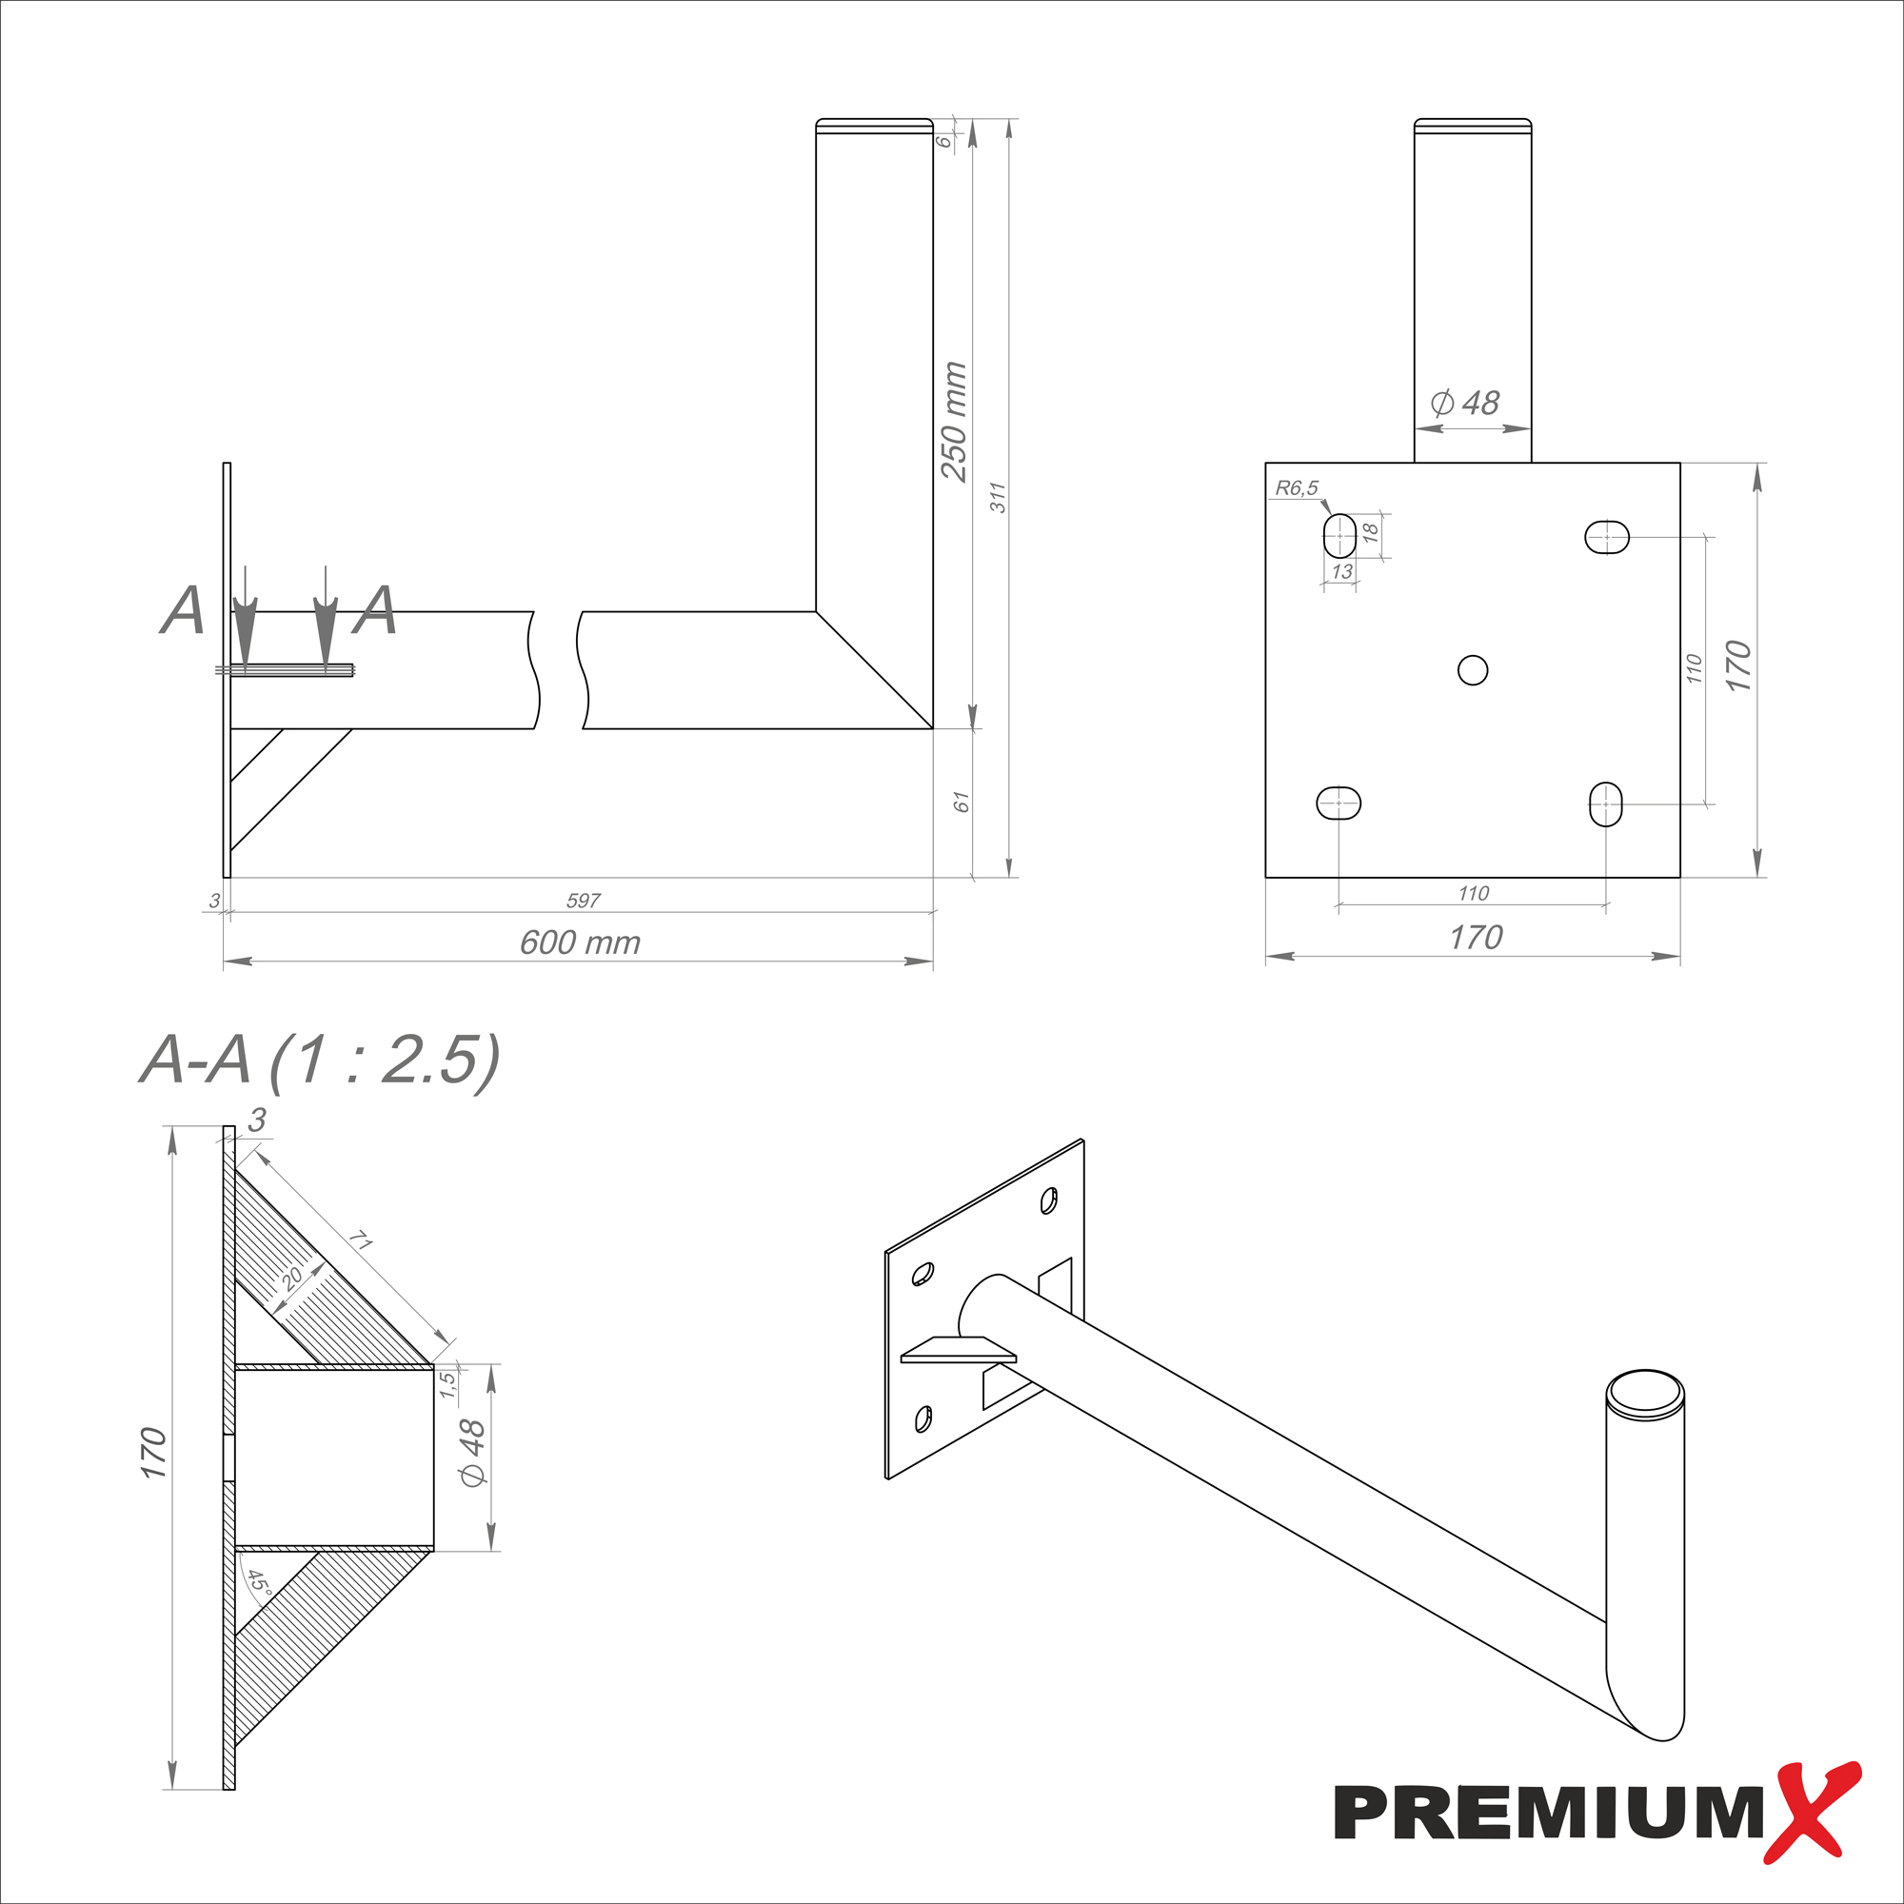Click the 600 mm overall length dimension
click(580, 943)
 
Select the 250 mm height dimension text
click(954, 422)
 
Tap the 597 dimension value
click(584, 901)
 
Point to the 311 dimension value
click(999, 498)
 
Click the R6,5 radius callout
click(1296, 487)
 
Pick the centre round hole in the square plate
click(1473, 670)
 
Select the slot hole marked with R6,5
click(1339, 535)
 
